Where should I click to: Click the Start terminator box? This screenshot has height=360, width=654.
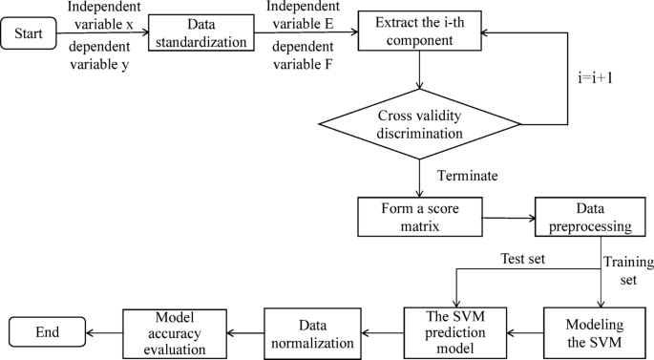(x=35, y=36)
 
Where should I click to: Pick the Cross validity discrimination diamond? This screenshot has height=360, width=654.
(x=420, y=124)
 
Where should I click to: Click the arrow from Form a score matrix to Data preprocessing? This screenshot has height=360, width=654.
(x=508, y=218)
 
